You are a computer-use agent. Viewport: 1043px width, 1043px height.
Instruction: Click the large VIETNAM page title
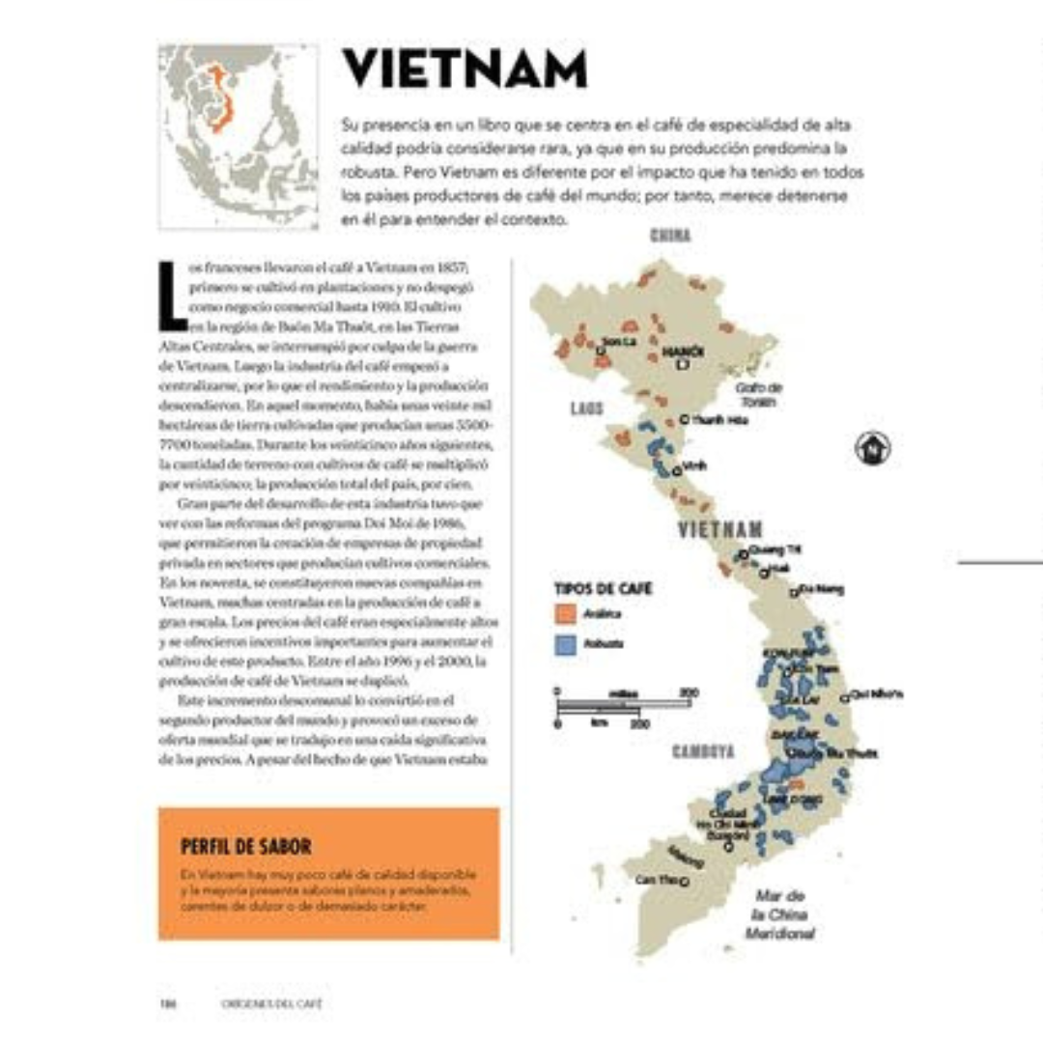point(465,70)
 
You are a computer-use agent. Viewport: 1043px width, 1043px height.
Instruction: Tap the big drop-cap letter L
point(173,292)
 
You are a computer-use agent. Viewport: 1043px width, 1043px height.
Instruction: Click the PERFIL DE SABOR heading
point(245,847)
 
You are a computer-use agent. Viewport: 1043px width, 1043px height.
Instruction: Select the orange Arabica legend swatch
point(566,614)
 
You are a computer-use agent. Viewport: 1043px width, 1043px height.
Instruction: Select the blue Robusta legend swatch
point(566,642)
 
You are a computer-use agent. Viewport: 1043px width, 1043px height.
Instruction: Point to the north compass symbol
point(873,446)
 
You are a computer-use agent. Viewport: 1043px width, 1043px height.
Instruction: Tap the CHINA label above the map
point(670,235)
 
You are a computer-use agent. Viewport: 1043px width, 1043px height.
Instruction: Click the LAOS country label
point(586,409)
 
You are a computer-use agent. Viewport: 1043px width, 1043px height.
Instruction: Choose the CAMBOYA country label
point(703,750)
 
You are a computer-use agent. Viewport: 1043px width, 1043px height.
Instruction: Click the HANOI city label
point(684,350)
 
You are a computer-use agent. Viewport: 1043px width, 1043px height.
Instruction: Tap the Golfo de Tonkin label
point(759,393)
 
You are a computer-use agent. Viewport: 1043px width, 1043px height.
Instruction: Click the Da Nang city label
point(821,588)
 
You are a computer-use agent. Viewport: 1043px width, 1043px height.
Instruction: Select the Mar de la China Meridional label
point(780,915)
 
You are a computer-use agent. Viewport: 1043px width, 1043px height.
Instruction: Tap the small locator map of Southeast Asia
point(239,135)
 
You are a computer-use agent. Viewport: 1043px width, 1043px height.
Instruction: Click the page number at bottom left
point(166,1003)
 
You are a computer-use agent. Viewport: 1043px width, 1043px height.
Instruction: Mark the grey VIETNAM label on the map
point(719,529)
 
